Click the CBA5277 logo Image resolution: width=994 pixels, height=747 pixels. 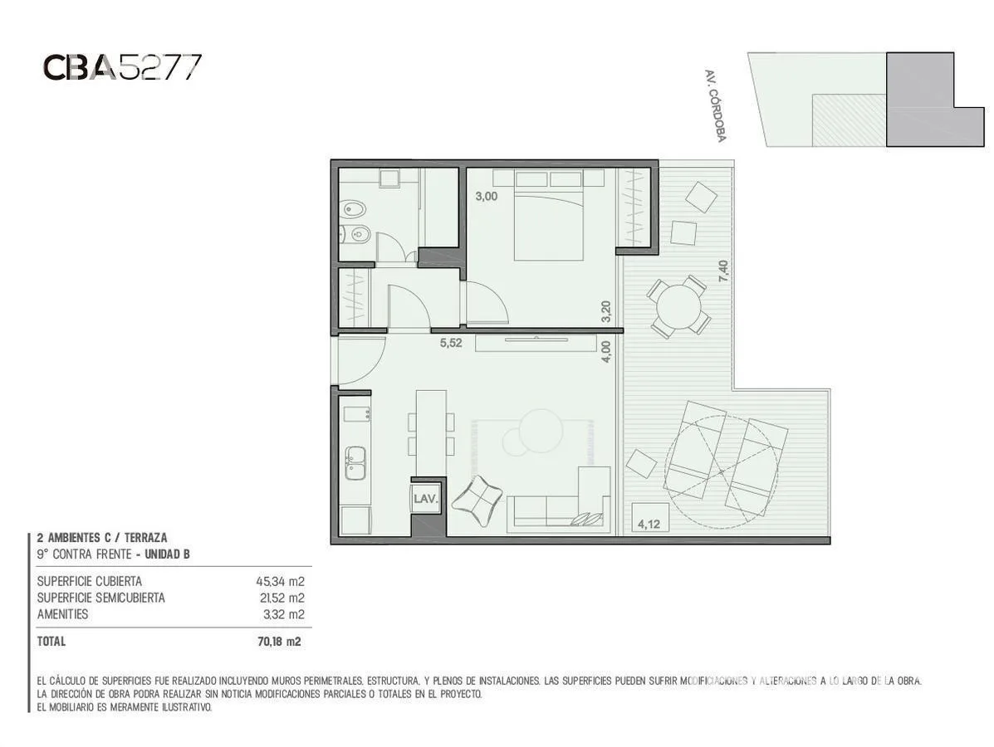click(x=122, y=67)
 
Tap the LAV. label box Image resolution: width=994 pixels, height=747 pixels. click(x=425, y=499)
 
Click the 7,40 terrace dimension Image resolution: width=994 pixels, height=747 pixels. click(x=722, y=271)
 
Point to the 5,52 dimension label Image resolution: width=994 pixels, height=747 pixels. click(x=451, y=344)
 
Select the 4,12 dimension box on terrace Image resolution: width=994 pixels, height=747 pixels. click(x=649, y=525)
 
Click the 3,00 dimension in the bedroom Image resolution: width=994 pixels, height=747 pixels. click(x=487, y=197)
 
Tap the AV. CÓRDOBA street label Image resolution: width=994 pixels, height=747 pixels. click(x=715, y=105)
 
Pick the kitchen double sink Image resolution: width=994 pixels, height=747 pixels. click(x=355, y=462)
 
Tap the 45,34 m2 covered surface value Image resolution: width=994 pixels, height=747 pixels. click(x=280, y=581)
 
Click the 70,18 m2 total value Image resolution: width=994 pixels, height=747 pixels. click(x=280, y=642)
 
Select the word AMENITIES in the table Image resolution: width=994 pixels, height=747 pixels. click(x=63, y=614)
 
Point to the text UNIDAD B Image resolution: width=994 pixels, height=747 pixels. click(x=168, y=554)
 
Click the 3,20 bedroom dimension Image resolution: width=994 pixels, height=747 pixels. click(x=606, y=311)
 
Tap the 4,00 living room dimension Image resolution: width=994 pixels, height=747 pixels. click(x=606, y=352)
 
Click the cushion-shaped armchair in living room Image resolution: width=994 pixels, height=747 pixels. click(x=477, y=500)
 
